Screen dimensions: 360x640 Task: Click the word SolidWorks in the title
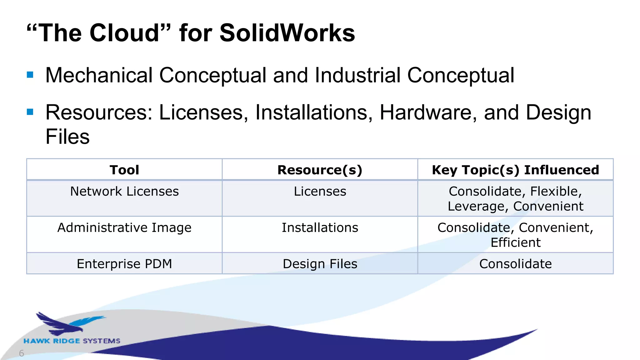tap(287, 33)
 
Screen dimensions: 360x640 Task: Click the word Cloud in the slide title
tap(125, 33)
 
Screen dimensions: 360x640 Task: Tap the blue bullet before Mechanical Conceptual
tap(30, 75)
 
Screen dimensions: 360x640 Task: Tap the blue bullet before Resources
tap(30, 112)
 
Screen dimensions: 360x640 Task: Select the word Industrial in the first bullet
tap(357, 75)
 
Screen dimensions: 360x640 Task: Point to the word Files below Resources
tap(67, 137)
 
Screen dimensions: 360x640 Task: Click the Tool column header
tap(124, 170)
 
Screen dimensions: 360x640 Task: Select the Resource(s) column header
tap(320, 170)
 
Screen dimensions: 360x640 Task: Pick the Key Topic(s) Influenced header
tap(515, 170)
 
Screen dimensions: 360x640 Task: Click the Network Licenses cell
tap(124, 191)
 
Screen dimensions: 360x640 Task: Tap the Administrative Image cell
tap(124, 227)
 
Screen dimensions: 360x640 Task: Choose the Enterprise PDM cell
tap(124, 264)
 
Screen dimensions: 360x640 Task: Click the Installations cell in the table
tap(320, 227)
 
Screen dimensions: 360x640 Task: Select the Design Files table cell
tap(320, 264)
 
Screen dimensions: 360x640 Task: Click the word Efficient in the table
tap(515, 242)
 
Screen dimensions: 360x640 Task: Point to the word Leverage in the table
tap(476, 206)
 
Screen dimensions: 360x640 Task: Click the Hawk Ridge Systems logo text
tap(72, 341)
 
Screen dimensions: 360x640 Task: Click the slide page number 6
tap(21, 353)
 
